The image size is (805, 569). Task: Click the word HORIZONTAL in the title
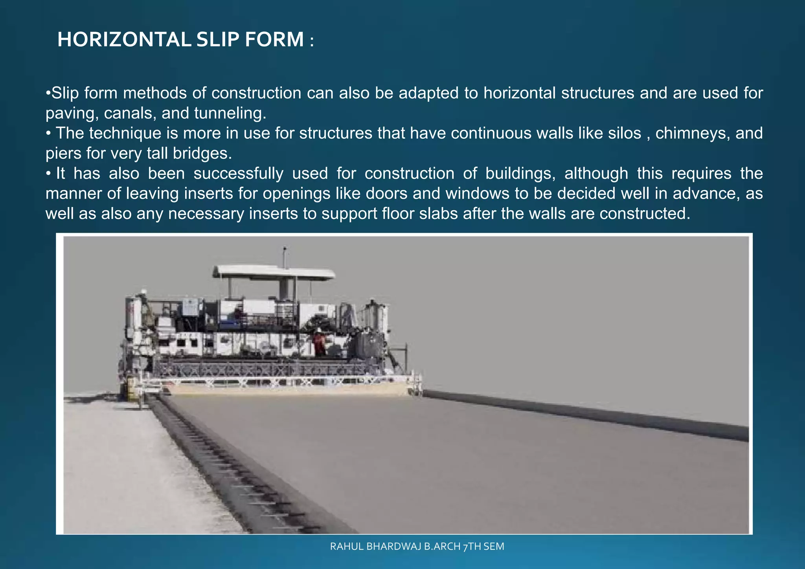(x=124, y=40)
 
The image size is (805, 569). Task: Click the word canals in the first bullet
(x=128, y=114)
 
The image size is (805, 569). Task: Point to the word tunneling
(x=230, y=114)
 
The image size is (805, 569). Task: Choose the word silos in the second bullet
(x=624, y=133)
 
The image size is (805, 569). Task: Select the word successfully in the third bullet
(x=238, y=174)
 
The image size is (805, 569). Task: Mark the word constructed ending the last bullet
(x=644, y=214)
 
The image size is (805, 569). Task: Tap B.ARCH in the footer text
(x=442, y=547)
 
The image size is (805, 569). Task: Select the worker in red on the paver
(x=319, y=342)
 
